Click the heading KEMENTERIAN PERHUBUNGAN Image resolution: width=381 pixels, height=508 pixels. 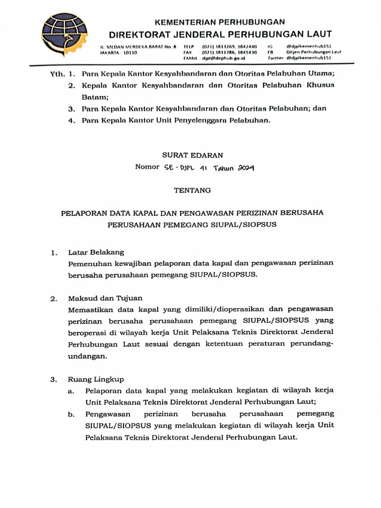[220, 22]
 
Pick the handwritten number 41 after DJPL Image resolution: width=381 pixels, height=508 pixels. [203, 168]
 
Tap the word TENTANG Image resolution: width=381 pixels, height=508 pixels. [192, 190]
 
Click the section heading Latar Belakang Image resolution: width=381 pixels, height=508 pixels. [96, 253]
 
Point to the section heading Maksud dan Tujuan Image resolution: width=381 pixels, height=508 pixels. [105, 298]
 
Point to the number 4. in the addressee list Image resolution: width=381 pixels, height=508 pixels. [72, 120]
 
